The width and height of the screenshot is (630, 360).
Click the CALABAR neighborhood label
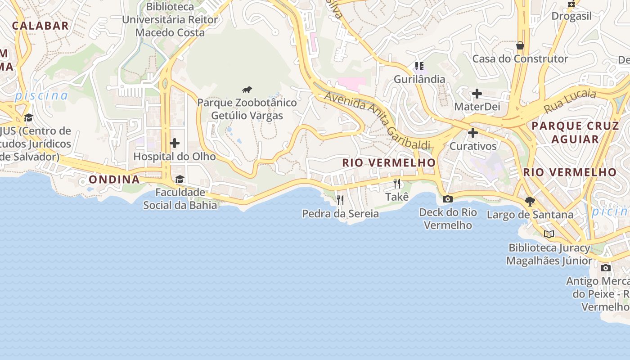click(x=40, y=26)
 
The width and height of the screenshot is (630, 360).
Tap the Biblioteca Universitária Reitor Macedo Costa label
click(x=170, y=20)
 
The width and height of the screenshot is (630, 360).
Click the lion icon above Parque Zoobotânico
click(x=247, y=90)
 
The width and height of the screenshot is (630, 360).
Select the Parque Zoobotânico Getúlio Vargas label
click(x=247, y=109)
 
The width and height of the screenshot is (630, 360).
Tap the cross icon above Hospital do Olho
click(x=175, y=144)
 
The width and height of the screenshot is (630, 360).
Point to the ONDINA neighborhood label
click(x=114, y=180)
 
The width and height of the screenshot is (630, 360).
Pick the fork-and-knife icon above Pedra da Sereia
click(x=340, y=200)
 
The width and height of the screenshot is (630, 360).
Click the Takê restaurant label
click(x=397, y=197)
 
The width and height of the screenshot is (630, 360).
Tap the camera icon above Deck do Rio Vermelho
click(x=448, y=199)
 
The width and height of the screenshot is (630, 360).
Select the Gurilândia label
click(x=419, y=79)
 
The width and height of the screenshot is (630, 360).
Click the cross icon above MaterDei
click(x=477, y=94)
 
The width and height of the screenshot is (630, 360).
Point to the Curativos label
click(x=473, y=146)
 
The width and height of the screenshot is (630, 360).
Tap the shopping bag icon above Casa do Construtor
click(x=520, y=45)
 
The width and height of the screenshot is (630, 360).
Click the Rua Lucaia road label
click(x=570, y=101)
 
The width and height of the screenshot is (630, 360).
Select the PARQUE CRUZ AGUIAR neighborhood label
click(x=576, y=132)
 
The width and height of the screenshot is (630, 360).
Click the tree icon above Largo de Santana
click(x=530, y=201)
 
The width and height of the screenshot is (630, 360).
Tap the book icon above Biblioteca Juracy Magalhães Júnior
click(x=549, y=234)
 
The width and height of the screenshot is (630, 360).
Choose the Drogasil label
click(x=571, y=16)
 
